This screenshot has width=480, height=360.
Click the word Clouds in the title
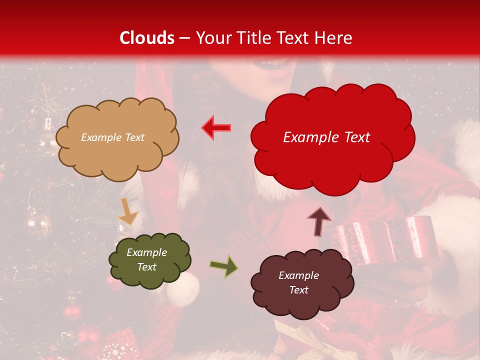(146, 38)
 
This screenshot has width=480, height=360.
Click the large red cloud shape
(332, 137)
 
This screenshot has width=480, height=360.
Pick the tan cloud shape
(116, 138)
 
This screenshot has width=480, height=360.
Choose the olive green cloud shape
(149, 260)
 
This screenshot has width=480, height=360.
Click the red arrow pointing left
(216, 127)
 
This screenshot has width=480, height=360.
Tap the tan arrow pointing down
(128, 212)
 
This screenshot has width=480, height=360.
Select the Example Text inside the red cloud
(326, 137)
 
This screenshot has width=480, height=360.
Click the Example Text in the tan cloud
(112, 137)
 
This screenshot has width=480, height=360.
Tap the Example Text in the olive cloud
(146, 260)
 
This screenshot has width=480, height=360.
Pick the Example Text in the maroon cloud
(298, 282)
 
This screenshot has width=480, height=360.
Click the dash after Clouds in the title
(184, 38)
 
